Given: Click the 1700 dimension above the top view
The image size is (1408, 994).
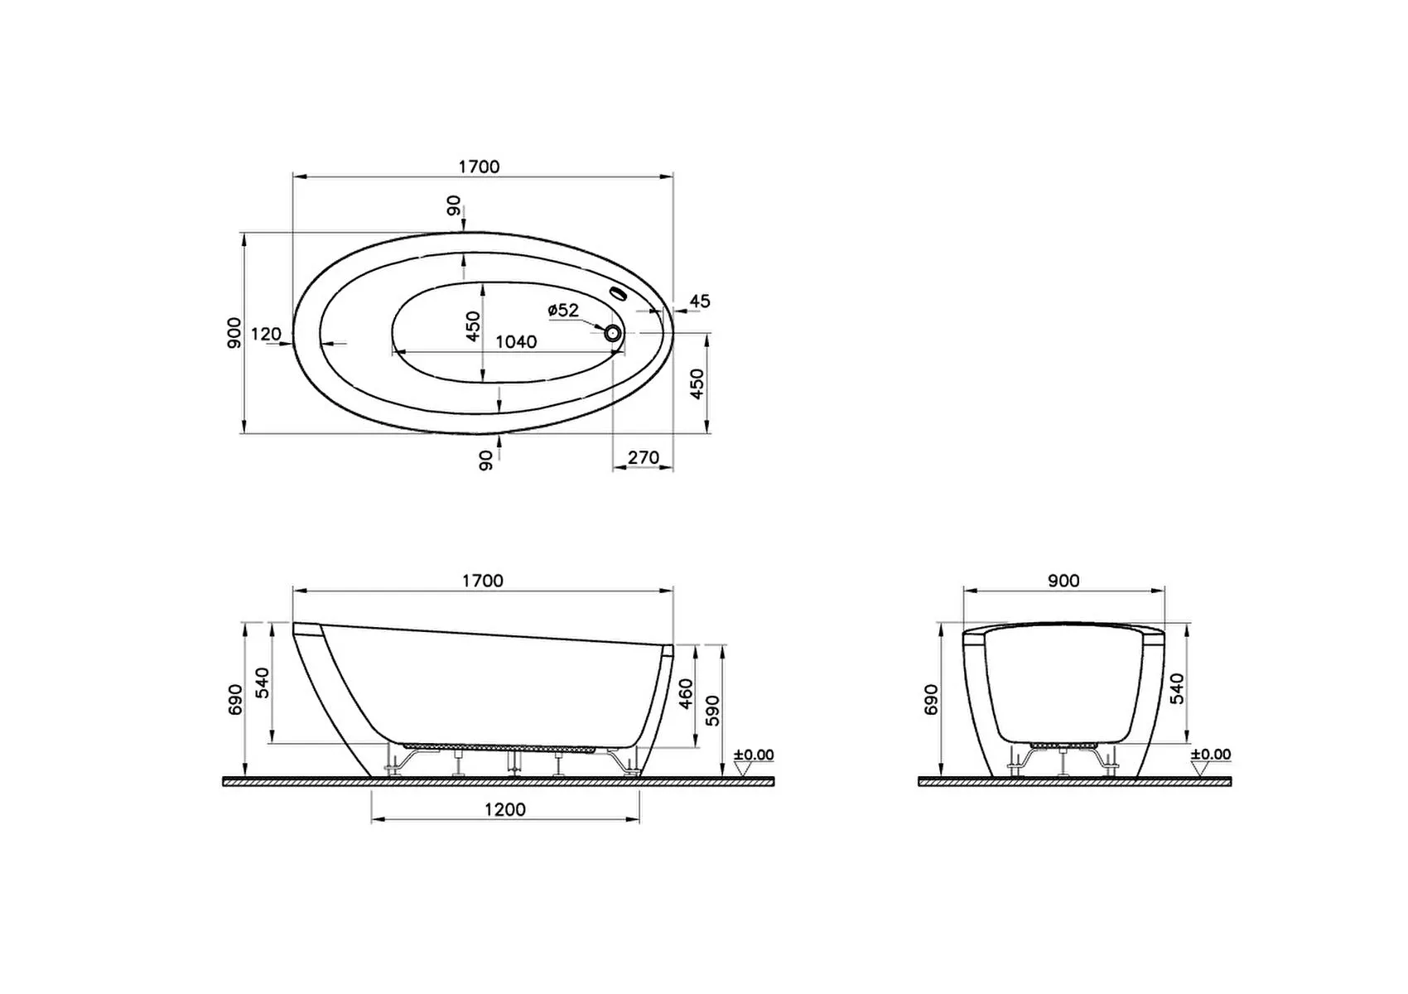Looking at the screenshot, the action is point(479,166).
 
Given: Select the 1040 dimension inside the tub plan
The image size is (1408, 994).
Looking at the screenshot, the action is point(516,342).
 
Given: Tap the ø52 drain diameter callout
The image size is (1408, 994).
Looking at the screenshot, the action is point(562,310).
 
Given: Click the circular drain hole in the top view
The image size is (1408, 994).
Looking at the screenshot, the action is point(613,333).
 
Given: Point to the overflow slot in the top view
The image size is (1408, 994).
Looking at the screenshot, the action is point(618,293).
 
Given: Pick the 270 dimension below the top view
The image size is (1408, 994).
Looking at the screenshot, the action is point(643,457).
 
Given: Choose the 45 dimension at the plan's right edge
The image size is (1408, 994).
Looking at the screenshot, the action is point(700,302).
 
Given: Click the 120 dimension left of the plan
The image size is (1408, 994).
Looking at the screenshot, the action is point(266,335).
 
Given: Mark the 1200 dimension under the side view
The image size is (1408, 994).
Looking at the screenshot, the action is point(504,809).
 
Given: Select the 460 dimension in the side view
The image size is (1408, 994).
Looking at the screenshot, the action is point(686,693).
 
